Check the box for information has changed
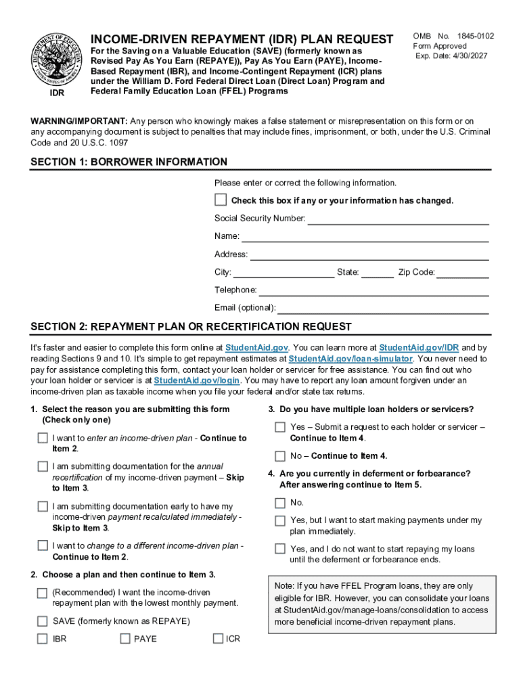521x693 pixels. coord(221,200)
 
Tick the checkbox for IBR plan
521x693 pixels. coord(43,638)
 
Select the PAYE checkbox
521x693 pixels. coord(125,638)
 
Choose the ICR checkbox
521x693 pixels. coord(218,638)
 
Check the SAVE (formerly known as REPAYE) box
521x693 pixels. coord(43,621)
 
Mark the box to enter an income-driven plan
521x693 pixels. coord(43,438)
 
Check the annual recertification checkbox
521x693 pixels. coord(43,466)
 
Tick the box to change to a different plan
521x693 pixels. coord(43,545)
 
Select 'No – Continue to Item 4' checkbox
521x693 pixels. coord(280,455)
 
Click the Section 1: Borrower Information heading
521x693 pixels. coord(129,162)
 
